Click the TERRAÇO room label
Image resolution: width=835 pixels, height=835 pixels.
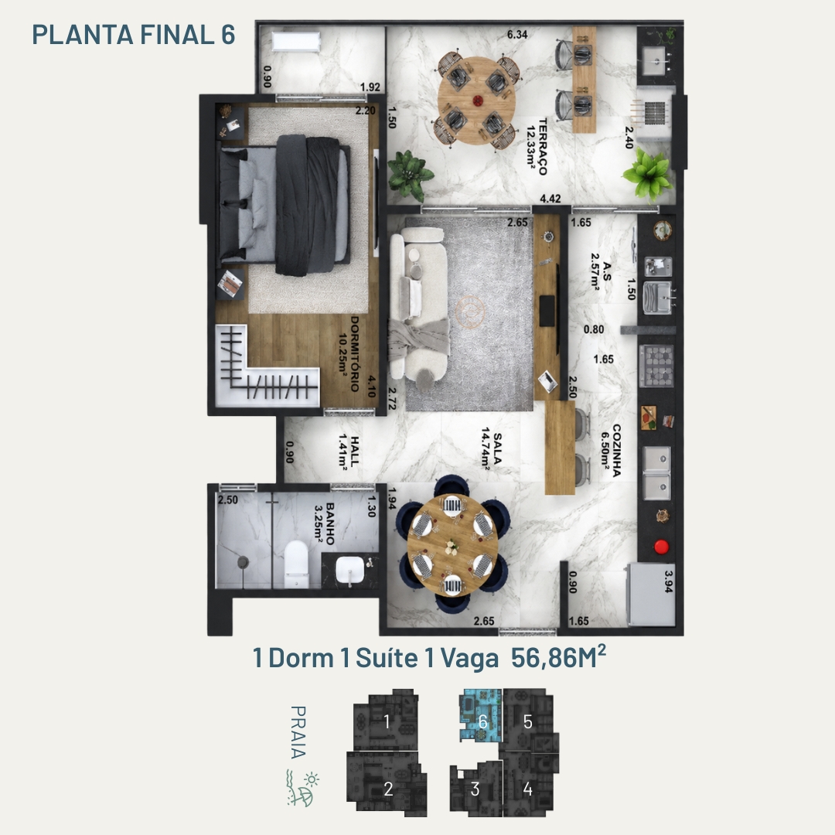(543, 146)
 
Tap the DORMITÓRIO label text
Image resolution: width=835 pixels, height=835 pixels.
(355, 354)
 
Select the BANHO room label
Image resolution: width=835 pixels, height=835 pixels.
(330, 524)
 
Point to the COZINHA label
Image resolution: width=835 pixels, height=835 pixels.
(617, 451)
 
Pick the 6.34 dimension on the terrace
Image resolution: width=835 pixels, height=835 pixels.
(517, 35)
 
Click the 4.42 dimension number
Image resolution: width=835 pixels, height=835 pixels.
(550, 199)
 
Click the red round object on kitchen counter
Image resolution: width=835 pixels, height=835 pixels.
(661, 547)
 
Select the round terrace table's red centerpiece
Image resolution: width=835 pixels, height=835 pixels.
(478, 100)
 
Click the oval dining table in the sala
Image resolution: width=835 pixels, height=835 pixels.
(452, 545)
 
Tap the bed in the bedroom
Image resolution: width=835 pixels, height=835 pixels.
(285, 205)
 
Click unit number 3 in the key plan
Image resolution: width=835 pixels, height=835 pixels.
(475, 789)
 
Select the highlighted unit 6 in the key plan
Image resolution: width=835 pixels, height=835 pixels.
(481, 714)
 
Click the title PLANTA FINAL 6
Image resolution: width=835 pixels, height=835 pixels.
(134, 35)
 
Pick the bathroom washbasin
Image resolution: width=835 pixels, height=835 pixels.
(350, 571)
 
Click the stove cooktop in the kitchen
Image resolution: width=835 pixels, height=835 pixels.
(656, 366)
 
